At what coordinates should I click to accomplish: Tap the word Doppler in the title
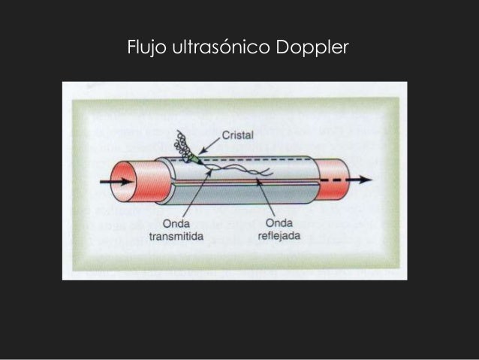(x=311, y=47)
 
